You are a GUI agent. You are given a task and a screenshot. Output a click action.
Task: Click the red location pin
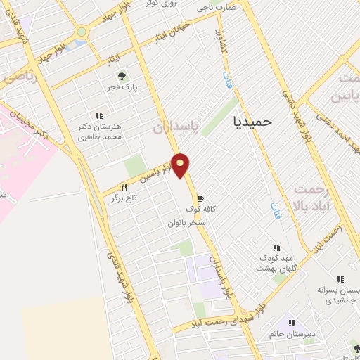[x=181, y=165]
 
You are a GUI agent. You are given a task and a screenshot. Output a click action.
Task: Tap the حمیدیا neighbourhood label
[x=252, y=120]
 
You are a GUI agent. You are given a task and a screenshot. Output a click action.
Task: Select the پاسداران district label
[x=171, y=127]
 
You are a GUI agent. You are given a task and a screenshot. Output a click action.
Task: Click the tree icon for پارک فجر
[x=121, y=75]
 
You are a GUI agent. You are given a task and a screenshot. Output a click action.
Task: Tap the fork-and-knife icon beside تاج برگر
[x=124, y=187]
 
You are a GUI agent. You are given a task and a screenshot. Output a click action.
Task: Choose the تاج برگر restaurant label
[x=124, y=199]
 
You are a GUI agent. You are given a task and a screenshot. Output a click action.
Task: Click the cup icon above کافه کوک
[x=202, y=199]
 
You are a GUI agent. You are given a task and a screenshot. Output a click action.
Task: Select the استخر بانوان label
[x=187, y=223]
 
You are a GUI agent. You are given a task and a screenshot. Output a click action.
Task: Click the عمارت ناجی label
[x=215, y=8]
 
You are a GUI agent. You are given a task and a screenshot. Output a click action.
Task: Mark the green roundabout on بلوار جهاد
[x=82, y=32]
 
